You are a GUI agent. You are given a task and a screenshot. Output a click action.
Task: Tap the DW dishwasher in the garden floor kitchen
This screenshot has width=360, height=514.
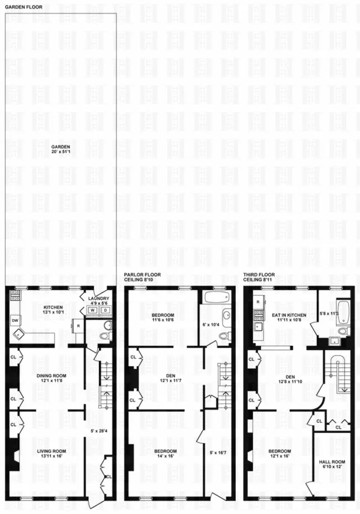click(x=15, y=321)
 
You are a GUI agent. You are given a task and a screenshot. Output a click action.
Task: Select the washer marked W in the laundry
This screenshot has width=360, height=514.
click(x=94, y=310)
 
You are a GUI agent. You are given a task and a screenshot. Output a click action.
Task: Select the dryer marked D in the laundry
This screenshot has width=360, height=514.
click(x=105, y=310)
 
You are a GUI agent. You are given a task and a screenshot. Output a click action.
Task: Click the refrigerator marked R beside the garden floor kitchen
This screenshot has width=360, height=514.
click(x=79, y=326)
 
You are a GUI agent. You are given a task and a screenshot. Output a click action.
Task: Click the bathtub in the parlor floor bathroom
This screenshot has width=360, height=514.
click(x=214, y=297)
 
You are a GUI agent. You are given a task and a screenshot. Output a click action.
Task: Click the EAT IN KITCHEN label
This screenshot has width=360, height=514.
click(x=289, y=315)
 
